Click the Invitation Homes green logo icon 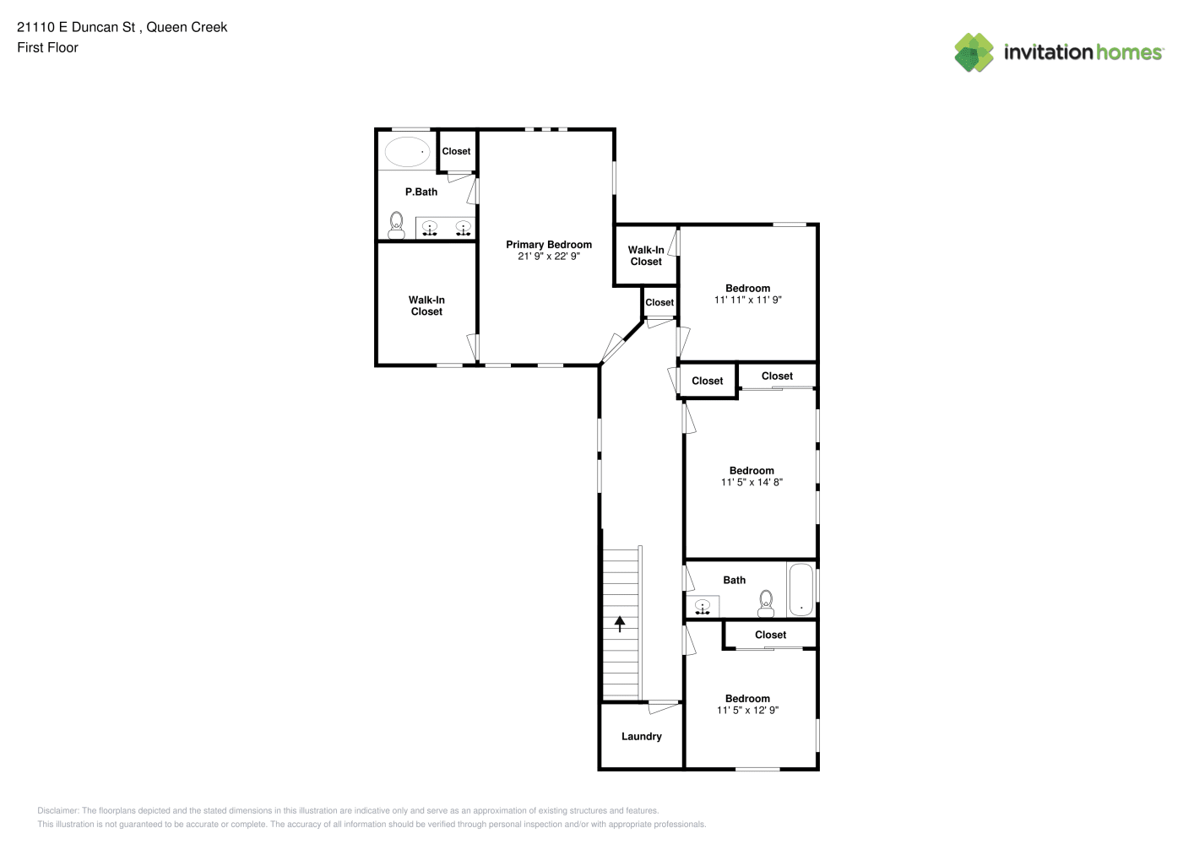click(974, 52)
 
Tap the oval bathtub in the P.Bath click(407, 152)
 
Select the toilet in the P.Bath click(396, 225)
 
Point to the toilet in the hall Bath click(766, 603)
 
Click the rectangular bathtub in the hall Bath click(801, 589)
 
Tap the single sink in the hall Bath click(703, 606)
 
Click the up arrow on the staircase click(620, 624)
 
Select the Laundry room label click(641, 736)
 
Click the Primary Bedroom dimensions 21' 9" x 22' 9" click(549, 257)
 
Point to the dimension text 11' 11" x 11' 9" click(748, 300)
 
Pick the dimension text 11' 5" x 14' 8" click(752, 482)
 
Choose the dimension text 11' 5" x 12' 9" click(747, 711)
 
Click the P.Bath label click(421, 192)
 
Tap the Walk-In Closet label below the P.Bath click(426, 306)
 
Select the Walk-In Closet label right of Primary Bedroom click(645, 256)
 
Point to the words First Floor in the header click(47, 47)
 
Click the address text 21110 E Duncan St click(76, 27)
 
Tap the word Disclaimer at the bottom click(58, 810)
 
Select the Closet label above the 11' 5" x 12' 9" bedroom click(770, 635)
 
